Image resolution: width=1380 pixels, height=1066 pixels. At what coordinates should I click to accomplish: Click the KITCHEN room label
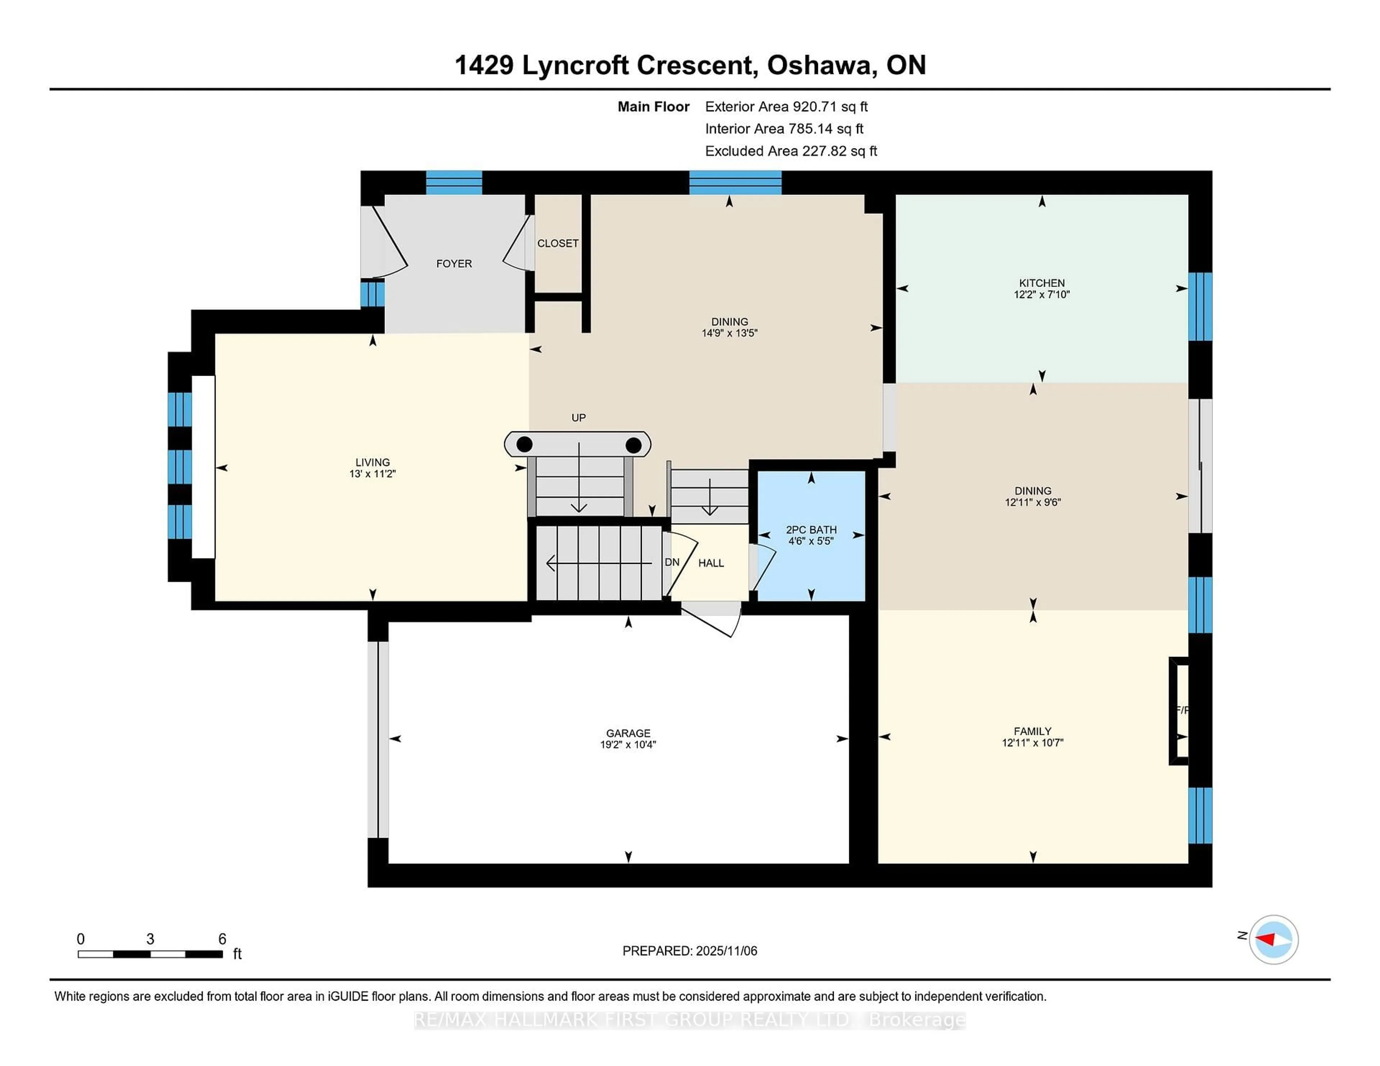[1041, 283]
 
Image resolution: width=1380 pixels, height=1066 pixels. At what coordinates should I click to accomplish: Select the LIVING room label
[372, 462]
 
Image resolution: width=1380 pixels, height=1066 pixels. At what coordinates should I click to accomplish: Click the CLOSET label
[557, 243]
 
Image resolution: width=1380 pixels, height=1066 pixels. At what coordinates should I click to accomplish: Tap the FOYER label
[454, 263]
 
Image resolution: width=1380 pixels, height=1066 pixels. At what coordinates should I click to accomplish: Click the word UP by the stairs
[578, 417]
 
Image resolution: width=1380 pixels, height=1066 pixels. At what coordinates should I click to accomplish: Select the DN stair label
[672, 562]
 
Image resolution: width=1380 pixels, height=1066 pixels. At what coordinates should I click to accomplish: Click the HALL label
[711, 563]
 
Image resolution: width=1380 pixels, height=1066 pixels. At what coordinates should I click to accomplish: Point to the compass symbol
[1273, 939]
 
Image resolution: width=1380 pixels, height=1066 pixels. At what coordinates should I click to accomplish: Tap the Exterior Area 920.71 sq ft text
[786, 107]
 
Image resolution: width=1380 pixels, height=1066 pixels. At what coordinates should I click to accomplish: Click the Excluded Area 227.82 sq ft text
[791, 151]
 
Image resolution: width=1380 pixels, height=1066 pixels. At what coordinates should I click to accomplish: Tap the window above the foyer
[454, 182]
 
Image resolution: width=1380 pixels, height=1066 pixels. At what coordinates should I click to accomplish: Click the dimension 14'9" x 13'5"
[729, 333]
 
